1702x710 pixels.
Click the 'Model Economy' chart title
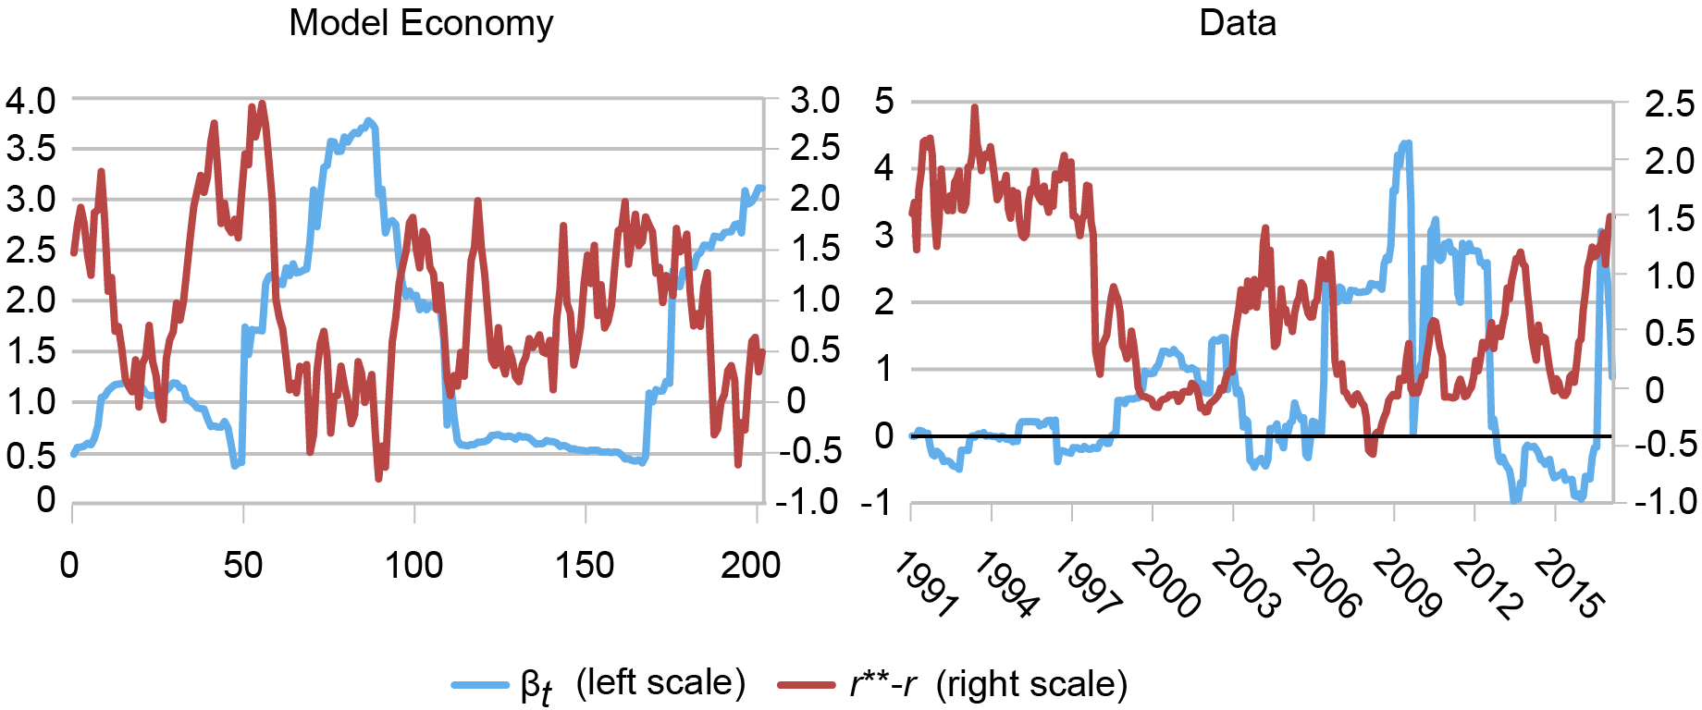click(421, 22)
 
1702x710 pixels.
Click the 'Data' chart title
click(1238, 22)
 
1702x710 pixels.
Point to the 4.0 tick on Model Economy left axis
click(31, 100)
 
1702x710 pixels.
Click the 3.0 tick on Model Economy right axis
click(815, 100)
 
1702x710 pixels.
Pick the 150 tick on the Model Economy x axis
click(585, 565)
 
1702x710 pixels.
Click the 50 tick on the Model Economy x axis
click(242, 565)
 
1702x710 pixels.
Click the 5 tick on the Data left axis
click(884, 100)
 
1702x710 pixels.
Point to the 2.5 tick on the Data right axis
click(1669, 104)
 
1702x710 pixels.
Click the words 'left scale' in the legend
click(660, 683)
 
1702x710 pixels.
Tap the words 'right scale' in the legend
click(1031, 685)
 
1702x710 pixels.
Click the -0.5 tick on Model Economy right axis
click(808, 451)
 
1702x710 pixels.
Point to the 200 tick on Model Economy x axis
click(751, 565)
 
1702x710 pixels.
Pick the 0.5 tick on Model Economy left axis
click(31, 454)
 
